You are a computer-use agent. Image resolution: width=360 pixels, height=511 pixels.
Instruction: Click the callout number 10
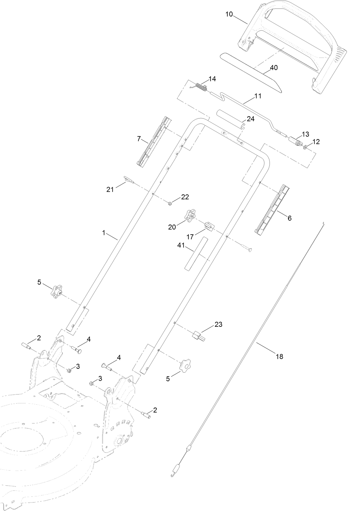(229, 14)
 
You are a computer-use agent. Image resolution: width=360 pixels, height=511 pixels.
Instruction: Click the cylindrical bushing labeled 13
(296, 142)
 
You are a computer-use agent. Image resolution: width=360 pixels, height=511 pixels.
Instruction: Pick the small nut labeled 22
(170, 204)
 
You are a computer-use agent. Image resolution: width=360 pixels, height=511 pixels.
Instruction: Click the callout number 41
(181, 246)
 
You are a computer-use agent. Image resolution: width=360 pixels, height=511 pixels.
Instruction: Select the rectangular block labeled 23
(198, 336)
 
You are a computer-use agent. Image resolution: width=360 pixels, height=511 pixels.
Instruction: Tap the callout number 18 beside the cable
(279, 357)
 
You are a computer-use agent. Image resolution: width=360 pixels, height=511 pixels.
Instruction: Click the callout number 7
(139, 139)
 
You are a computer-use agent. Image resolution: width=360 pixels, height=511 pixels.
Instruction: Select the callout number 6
(289, 218)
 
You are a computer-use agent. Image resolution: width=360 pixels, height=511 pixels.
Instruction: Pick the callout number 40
(274, 68)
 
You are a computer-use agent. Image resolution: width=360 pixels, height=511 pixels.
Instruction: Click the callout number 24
(250, 119)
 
